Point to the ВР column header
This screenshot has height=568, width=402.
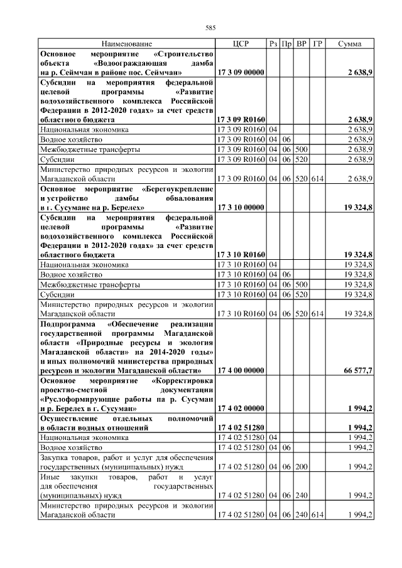point(302,44)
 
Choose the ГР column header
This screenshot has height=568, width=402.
point(318,44)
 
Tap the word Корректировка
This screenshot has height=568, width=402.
point(184,381)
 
